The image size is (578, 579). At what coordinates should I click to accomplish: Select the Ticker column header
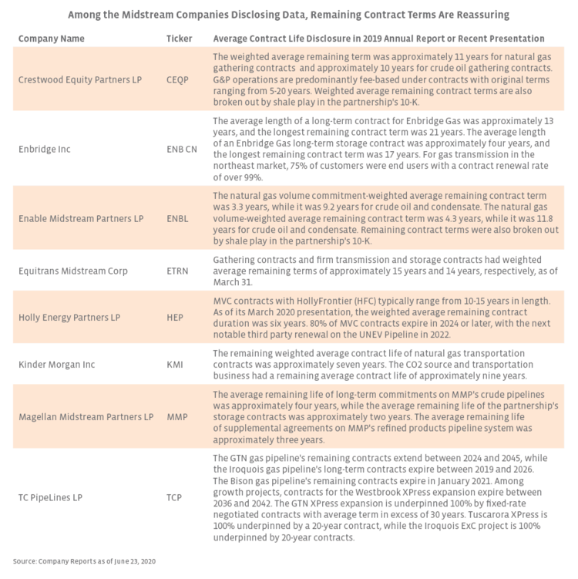[180, 39]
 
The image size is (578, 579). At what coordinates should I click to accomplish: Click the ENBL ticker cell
[178, 219]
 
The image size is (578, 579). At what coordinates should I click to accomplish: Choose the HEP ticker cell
[175, 315]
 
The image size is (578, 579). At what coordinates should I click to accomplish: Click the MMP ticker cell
[176, 417]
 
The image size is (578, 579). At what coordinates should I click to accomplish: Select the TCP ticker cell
[175, 497]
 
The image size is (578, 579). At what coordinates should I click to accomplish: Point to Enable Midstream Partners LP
[81, 219]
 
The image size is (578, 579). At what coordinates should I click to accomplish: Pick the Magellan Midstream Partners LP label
[86, 417]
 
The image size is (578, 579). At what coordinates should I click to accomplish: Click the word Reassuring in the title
[479, 15]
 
